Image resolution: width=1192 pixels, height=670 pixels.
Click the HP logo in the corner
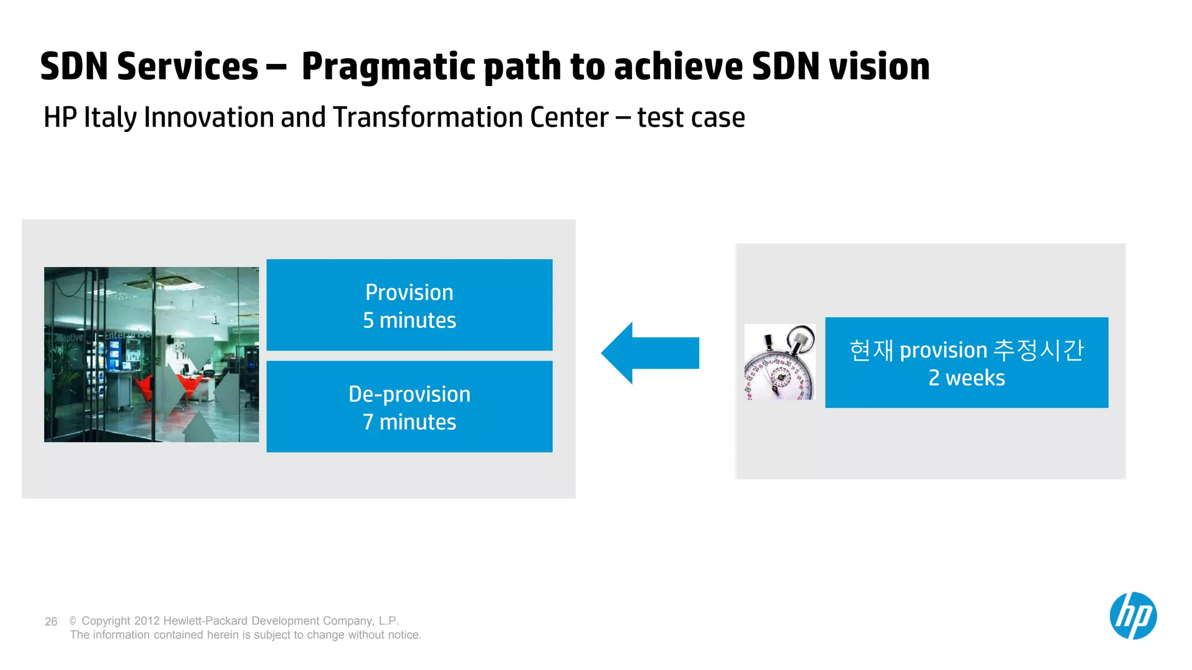[x=1133, y=616]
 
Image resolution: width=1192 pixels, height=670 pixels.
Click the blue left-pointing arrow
[x=649, y=353]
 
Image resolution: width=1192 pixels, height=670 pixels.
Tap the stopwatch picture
[x=780, y=362]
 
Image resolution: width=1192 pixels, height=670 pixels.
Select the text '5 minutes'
[x=409, y=320]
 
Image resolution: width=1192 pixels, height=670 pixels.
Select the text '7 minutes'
[x=409, y=422]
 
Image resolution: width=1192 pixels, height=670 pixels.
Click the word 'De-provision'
[x=409, y=394]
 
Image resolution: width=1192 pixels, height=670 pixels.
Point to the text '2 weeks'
[x=966, y=378]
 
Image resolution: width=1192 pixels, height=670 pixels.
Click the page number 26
[x=51, y=622]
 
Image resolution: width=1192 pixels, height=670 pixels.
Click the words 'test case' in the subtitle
[x=691, y=117]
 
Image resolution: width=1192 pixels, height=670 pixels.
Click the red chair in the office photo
[x=189, y=384]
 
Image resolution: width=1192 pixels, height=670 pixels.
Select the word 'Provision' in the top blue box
[x=409, y=293]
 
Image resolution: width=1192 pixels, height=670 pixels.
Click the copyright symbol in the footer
[x=73, y=621]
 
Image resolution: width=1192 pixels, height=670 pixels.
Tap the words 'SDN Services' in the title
[x=149, y=66]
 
